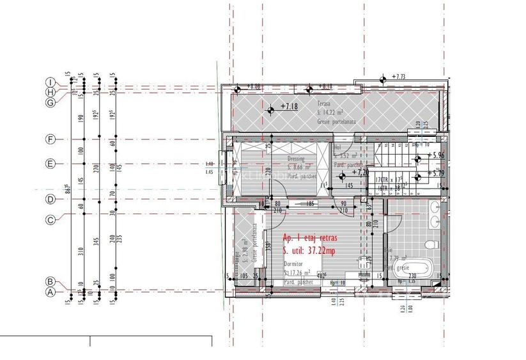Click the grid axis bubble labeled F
pyautogui.click(x=49, y=139)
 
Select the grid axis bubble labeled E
pyautogui.click(x=49, y=164)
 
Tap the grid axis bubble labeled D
pyautogui.click(x=49, y=200)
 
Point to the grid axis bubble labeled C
pyautogui.click(x=49, y=220)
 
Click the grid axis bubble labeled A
pyautogui.click(x=49, y=293)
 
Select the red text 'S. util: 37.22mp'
pyautogui.click(x=309, y=251)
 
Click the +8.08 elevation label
pyautogui.click(x=253, y=86)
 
